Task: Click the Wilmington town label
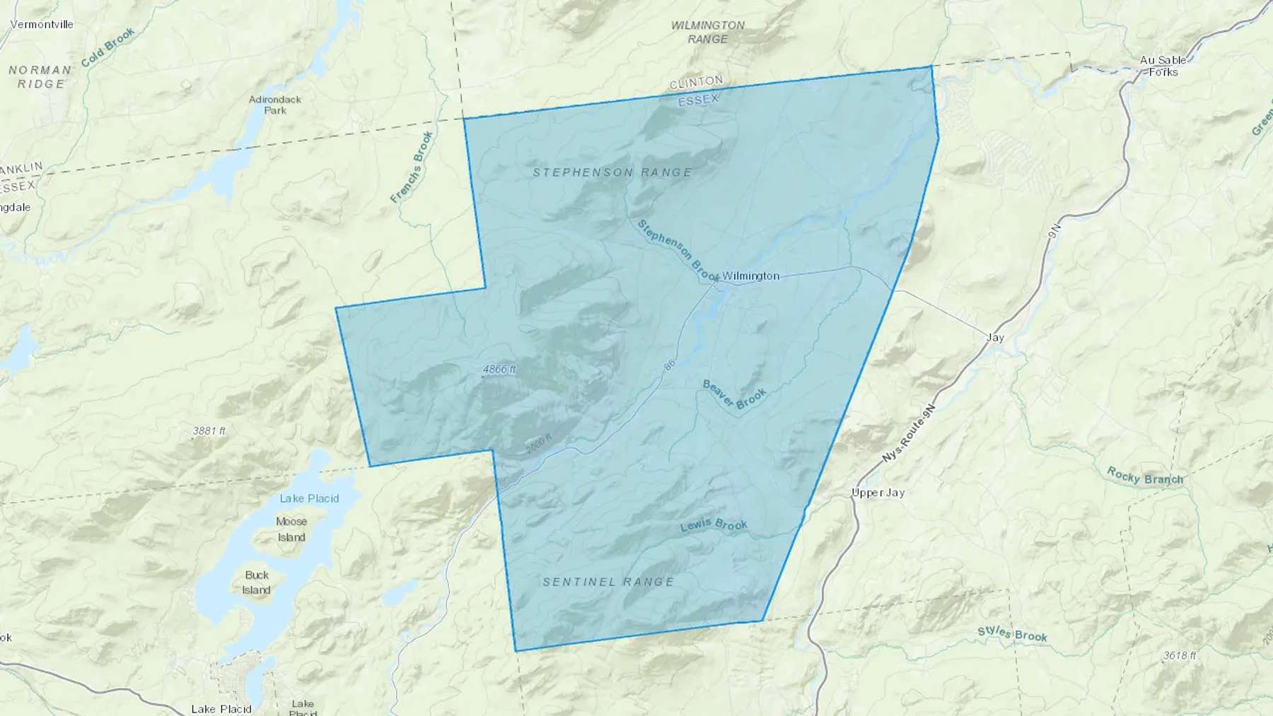750,276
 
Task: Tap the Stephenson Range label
612,172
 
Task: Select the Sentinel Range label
608,582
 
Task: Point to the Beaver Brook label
734,394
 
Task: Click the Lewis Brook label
714,525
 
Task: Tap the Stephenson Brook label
678,250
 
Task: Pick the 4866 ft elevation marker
499,370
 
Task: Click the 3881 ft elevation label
209,430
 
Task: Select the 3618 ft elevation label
1179,655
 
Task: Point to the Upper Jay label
878,493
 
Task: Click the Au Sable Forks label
1163,66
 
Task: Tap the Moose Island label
291,529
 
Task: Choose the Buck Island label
257,582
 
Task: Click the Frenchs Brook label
412,168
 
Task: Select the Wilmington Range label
707,32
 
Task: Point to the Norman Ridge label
40,76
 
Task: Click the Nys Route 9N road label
909,433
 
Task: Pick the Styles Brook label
1012,633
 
